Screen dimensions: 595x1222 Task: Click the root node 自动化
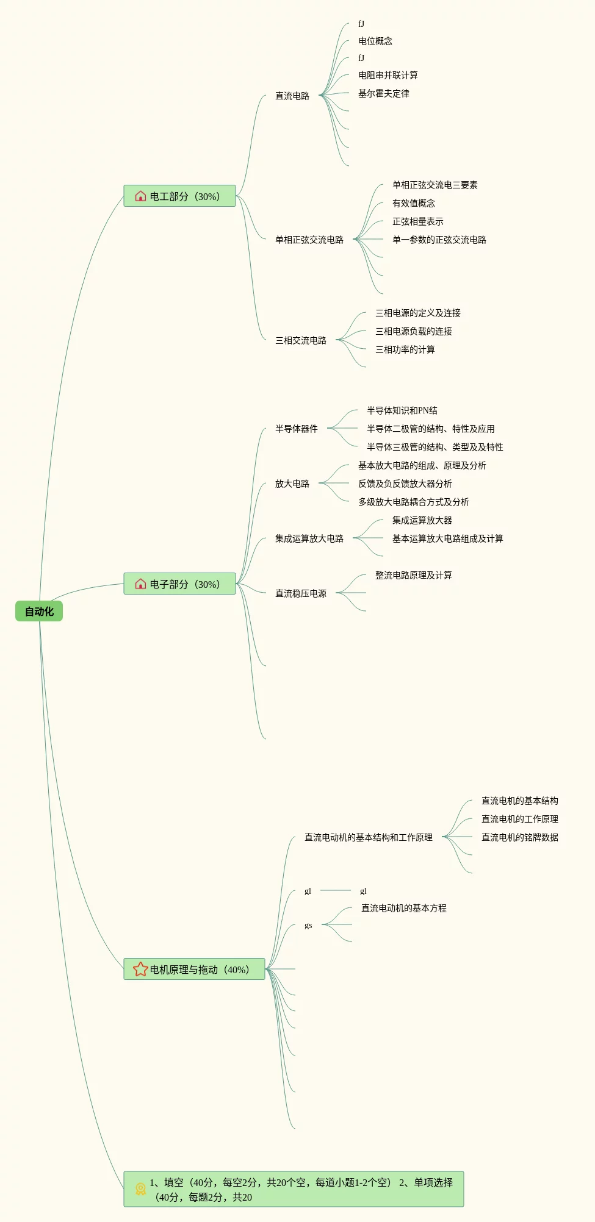tap(39, 611)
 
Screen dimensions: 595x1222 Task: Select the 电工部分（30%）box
tap(179, 196)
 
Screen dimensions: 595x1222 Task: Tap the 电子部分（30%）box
tap(179, 584)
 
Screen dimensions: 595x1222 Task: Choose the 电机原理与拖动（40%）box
tap(194, 969)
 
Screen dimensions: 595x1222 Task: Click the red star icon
tap(140, 969)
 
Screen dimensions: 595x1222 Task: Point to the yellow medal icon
tap(140, 1189)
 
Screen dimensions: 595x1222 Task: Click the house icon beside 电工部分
tap(140, 196)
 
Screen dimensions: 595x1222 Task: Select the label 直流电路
tap(292, 96)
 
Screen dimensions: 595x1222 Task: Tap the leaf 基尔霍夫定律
tap(384, 93)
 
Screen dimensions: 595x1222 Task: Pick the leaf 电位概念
tap(375, 41)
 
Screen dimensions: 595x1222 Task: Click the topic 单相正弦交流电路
tap(309, 240)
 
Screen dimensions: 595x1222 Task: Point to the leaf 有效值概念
tap(414, 203)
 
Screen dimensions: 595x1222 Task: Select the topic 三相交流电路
tap(301, 340)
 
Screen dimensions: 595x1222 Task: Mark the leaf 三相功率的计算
tap(405, 349)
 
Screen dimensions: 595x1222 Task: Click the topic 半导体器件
tap(297, 429)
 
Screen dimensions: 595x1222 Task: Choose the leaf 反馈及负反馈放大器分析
tap(405, 484)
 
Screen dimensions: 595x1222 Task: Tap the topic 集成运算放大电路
tap(309, 538)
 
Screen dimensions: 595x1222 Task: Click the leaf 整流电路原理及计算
tap(414, 575)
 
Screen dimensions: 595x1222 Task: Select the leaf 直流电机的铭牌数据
tap(520, 837)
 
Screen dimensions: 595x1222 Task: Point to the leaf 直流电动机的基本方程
tap(404, 908)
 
